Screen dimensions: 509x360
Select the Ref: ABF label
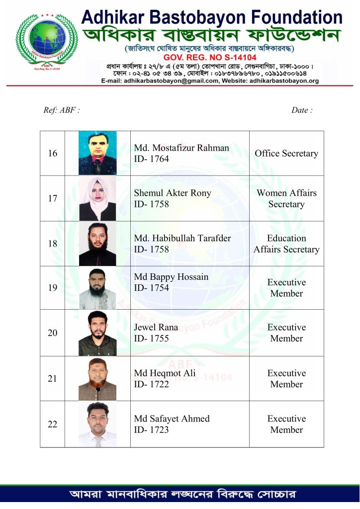coord(62,110)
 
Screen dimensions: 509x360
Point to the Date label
coord(302,110)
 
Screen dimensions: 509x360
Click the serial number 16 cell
coord(53,154)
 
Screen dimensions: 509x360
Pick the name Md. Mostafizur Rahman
coord(181,148)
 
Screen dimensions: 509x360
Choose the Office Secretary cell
coord(286,154)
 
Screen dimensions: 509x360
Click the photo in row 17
coord(97,198)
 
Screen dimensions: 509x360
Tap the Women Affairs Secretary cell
coord(286,198)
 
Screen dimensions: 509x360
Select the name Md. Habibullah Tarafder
coord(182,239)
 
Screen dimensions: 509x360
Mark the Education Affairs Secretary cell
coord(286,244)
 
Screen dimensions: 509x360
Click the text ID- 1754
coord(152,288)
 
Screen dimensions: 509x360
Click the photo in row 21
coord(97,379)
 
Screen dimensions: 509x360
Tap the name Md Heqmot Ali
coord(165,373)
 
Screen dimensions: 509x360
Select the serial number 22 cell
coord(53,424)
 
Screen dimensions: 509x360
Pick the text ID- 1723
coord(152,429)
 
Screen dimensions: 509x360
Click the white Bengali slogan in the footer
coord(183,495)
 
